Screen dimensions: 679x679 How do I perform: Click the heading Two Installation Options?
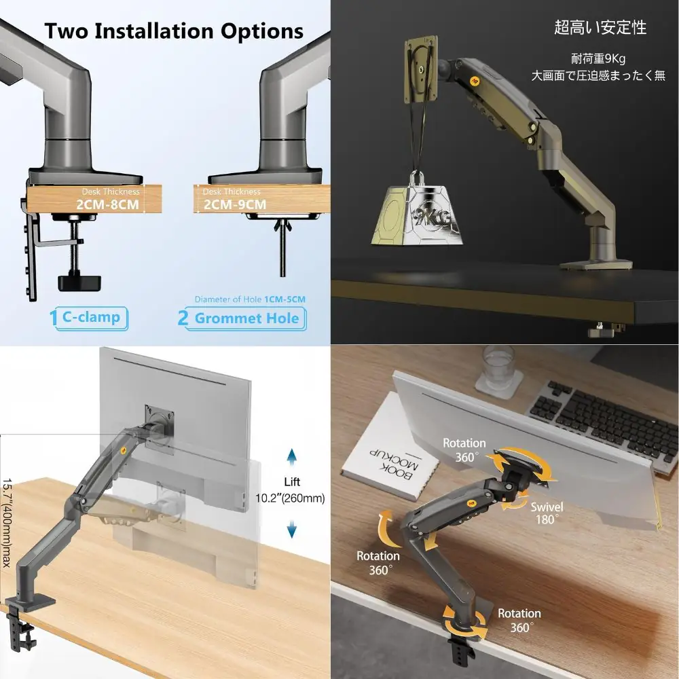pos(174,31)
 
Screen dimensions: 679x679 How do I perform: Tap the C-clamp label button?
pos(91,318)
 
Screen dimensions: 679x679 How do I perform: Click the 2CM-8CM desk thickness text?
pos(108,204)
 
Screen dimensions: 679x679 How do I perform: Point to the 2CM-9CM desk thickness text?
pos(235,204)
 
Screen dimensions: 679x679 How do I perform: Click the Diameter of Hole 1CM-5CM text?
pos(250,299)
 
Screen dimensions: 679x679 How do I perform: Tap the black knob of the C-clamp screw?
pos(79,282)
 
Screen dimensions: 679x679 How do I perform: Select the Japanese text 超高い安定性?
pos(600,27)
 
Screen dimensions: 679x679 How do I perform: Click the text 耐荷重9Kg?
pos(598,58)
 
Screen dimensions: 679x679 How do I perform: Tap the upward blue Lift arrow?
pos(292,457)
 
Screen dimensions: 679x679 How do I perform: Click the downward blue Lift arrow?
pos(292,529)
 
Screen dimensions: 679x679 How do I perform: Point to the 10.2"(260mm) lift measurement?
pos(290,498)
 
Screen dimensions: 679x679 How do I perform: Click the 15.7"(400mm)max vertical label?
pos(7,523)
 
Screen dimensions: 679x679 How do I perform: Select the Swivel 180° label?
pos(547,513)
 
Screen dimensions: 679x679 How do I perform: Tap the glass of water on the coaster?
pos(498,369)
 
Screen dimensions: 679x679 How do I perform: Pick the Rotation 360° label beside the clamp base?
pos(519,620)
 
